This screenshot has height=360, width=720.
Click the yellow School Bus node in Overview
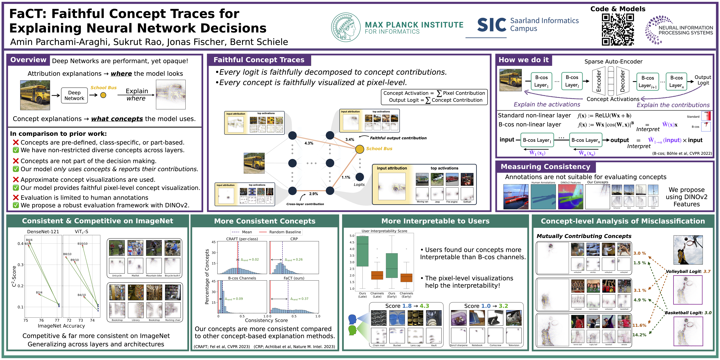coord(103,95)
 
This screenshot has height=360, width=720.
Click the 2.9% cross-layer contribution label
coord(313,194)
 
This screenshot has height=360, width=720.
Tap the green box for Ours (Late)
coord(363,251)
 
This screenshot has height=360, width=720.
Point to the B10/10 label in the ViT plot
coord(82,244)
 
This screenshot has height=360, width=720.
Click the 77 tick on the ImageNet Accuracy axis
coord(57,320)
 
